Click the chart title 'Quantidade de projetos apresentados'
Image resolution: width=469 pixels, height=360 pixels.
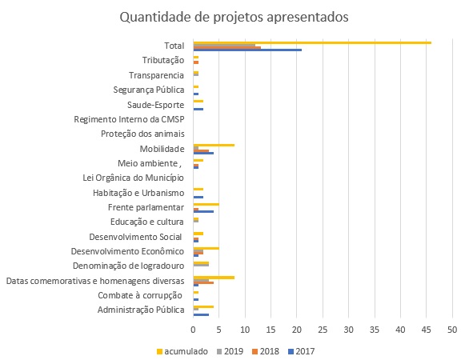[234, 18]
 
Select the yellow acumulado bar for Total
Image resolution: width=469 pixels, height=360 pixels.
[312, 42]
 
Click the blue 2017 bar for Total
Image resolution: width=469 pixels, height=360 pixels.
[247, 50]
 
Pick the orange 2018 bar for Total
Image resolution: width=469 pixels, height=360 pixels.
[227, 47]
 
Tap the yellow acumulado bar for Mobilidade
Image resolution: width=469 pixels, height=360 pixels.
[214, 146]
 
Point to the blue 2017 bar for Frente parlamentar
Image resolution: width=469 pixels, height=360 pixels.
[203, 211]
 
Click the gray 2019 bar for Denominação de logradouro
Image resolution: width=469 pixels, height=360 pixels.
[201, 265]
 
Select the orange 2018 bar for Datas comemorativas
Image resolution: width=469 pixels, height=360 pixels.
[203, 282]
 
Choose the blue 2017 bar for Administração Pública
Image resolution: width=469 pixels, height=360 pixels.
[201, 314]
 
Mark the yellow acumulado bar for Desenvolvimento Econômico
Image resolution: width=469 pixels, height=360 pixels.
[206, 248]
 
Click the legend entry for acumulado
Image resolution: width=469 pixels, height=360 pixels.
[182, 351]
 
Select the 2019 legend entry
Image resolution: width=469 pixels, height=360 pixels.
[230, 351]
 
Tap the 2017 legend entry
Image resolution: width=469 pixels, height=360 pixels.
[301, 351]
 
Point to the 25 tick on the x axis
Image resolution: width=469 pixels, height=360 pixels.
[323, 330]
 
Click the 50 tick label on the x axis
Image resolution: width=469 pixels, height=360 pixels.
[452, 330]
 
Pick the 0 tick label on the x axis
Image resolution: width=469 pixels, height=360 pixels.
[193, 330]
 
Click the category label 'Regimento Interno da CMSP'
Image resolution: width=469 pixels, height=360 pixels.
[129, 120]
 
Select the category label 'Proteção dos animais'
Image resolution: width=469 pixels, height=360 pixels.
[142, 134]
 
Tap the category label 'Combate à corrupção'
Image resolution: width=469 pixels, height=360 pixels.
[140, 296]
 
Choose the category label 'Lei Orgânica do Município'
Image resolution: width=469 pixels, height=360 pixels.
[133, 178]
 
